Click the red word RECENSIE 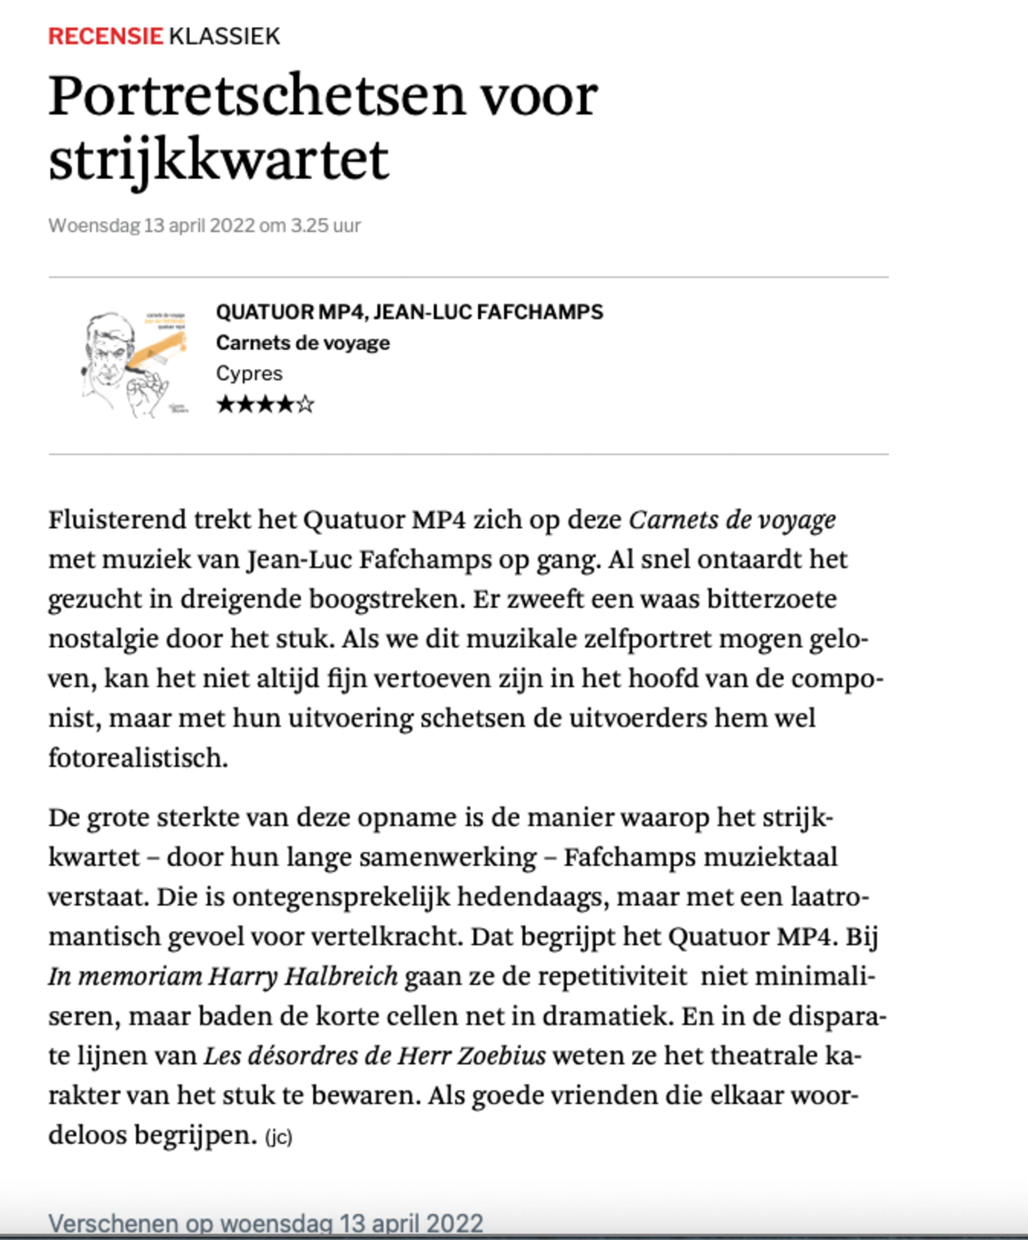105,37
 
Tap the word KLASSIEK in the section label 224,37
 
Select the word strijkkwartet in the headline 219,159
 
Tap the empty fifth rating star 305,405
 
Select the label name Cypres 249,373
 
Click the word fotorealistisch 137,758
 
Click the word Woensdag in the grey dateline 95,225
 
